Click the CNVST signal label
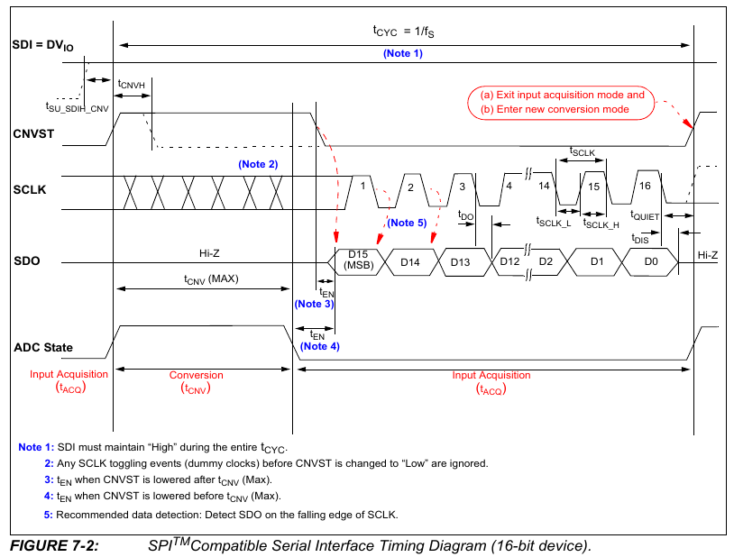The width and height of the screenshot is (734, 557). click(33, 133)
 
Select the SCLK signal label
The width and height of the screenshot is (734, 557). click(30, 191)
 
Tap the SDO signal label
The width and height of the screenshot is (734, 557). click(27, 262)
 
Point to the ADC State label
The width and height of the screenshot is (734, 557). click(43, 347)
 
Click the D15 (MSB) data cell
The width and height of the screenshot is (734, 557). click(360, 260)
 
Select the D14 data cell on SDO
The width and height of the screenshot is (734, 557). click(409, 261)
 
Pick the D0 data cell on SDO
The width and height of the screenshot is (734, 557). click(651, 261)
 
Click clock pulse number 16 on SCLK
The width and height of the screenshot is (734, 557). click(645, 185)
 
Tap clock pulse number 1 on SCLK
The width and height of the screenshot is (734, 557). click(362, 185)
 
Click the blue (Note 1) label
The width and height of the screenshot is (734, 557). click(402, 54)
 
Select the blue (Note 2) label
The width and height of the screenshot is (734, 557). click(258, 164)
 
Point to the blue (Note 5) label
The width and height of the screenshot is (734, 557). click(407, 223)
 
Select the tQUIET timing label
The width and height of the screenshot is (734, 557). click(645, 216)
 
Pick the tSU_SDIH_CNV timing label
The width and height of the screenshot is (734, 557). click(78, 106)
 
